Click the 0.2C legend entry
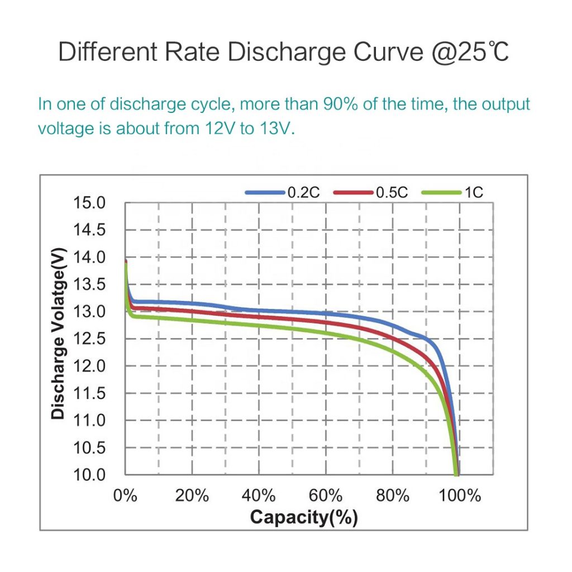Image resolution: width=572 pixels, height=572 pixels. [x=303, y=193]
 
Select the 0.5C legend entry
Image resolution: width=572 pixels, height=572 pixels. [x=392, y=193]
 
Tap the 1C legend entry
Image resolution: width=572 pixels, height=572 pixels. [x=473, y=193]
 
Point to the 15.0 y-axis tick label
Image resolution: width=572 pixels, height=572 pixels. [x=89, y=203]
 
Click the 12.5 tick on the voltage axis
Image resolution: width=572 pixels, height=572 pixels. [x=89, y=339]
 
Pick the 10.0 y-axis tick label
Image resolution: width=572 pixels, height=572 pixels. [x=89, y=475]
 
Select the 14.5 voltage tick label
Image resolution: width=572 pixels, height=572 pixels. [x=89, y=230]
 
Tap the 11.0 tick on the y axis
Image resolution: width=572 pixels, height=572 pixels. [x=89, y=421]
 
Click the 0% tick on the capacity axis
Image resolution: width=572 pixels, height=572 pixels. [x=125, y=495]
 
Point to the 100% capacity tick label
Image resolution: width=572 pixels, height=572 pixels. [x=459, y=495]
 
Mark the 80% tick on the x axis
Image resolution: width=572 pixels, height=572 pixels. [x=393, y=495]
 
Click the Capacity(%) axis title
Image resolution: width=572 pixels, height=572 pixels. [x=303, y=517]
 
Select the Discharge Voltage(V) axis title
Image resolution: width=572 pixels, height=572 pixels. [x=58, y=333]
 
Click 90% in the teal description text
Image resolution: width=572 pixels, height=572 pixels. [x=344, y=104]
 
